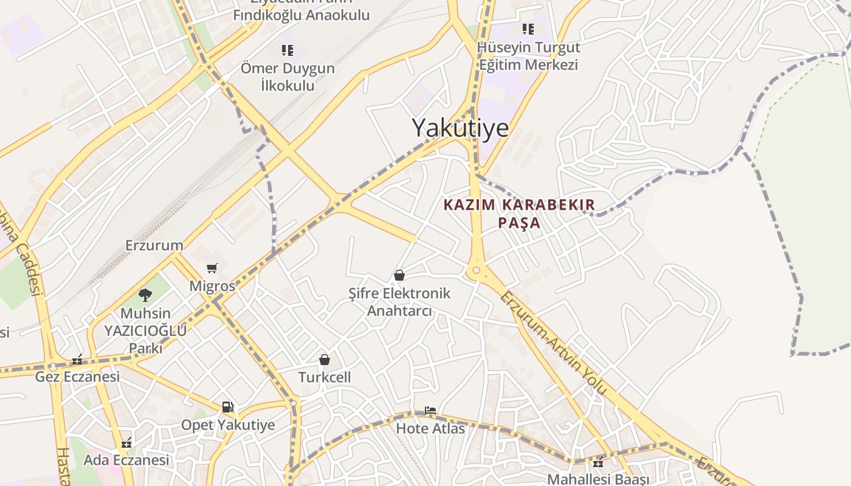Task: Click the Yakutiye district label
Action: pos(460,128)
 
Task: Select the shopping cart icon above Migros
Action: pos(212,268)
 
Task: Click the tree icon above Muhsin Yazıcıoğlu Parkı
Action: pos(145,295)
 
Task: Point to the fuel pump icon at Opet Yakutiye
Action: pos(227,407)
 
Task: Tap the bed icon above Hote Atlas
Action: pos(430,411)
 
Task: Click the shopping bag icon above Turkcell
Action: pos(325,360)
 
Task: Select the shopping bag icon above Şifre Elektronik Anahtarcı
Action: pos(399,275)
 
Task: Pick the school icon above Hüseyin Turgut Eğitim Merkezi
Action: pos(528,29)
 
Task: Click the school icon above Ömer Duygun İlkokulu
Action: pos(287,50)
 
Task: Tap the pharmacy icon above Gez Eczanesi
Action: pos(77,360)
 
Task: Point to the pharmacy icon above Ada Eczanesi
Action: pos(126,443)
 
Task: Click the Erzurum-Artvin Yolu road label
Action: pos(553,342)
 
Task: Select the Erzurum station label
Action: pos(154,245)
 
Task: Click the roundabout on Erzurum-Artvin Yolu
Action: pos(477,270)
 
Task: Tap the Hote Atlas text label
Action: pos(430,428)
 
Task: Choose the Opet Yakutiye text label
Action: pos(228,425)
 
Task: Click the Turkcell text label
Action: pos(325,377)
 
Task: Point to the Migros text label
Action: pos(212,286)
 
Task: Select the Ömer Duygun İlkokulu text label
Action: pos(288,77)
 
